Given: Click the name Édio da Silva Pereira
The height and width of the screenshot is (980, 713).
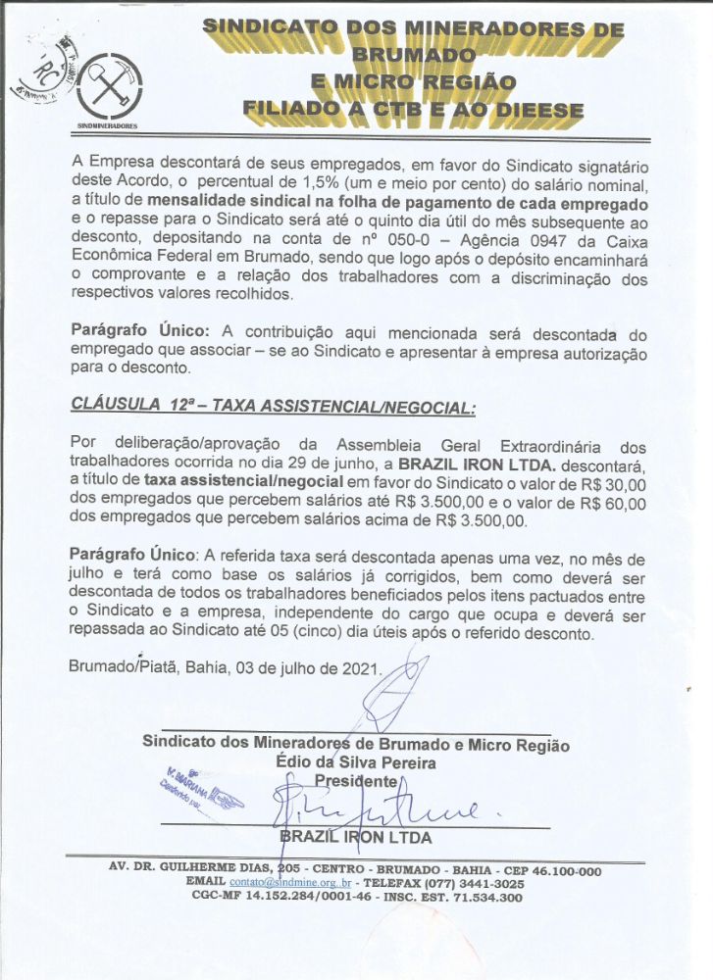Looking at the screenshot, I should coord(357,762).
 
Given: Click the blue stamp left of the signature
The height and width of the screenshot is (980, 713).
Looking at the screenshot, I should coord(198,793).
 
